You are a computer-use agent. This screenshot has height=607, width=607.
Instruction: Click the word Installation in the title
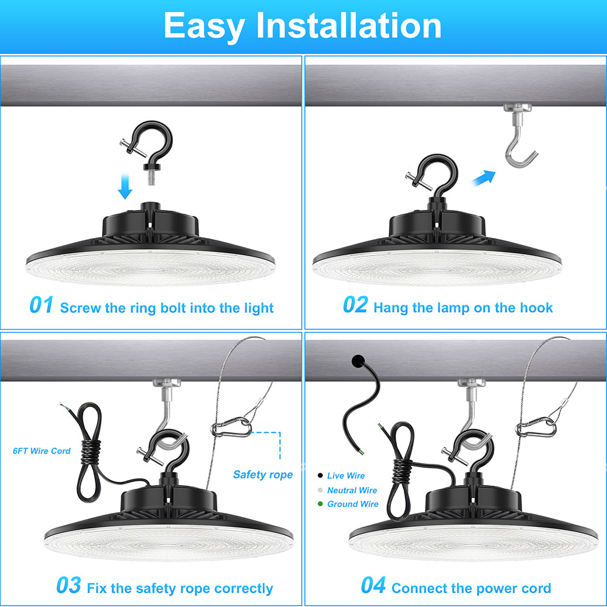[x=349, y=25]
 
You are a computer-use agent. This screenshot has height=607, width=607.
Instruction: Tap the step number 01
[x=41, y=305]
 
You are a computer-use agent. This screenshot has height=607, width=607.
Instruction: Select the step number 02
[x=355, y=305]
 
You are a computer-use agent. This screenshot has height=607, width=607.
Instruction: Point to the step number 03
[x=69, y=585]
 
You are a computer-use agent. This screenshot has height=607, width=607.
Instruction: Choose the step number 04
[x=373, y=585]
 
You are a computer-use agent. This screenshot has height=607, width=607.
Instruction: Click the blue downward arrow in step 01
[x=125, y=186]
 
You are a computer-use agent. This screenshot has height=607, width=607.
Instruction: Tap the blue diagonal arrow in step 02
[x=484, y=178]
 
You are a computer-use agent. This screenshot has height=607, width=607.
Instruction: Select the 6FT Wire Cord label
[x=41, y=450]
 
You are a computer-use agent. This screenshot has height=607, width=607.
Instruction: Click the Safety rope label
[x=263, y=475]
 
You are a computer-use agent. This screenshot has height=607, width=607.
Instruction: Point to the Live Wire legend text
[x=346, y=475]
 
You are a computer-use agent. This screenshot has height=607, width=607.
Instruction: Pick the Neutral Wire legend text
[x=352, y=490]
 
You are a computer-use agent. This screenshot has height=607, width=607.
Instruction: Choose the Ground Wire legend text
[x=353, y=504]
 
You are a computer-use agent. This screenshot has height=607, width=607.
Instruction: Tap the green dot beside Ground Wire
[x=320, y=504]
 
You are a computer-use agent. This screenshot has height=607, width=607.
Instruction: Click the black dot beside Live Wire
[x=320, y=475]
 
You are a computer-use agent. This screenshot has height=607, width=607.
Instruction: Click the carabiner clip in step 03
[x=231, y=427]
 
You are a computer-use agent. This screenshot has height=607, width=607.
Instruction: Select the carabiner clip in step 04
[x=536, y=427]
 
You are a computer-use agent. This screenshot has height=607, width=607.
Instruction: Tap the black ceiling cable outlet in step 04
[x=358, y=361]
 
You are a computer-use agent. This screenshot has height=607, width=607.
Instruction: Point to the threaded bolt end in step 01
[x=151, y=178]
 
